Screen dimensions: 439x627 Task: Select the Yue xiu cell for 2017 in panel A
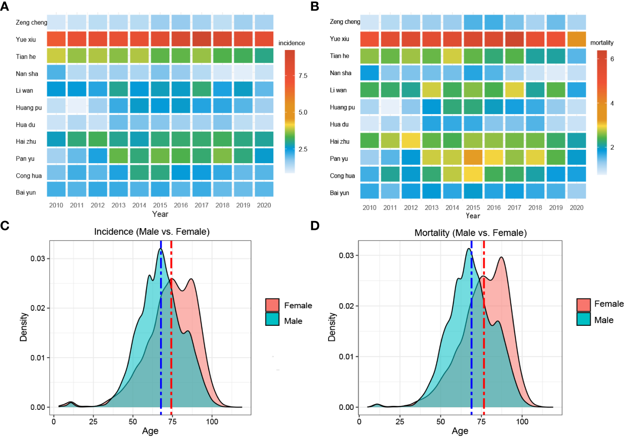point(202,39)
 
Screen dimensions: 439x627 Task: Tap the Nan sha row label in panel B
point(340,73)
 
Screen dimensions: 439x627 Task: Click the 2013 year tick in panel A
point(119,205)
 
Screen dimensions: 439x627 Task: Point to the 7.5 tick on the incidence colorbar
point(303,76)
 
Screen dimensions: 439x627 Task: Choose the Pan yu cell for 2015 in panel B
point(473,157)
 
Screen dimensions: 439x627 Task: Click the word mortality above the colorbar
point(602,42)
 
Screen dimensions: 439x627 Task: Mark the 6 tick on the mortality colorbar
point(612,59)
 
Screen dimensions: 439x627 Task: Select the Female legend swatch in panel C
point(272,305)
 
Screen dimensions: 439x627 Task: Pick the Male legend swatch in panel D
point(584,319)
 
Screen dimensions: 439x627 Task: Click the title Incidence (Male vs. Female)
point(152,232)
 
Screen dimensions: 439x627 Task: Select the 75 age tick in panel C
point(172,421)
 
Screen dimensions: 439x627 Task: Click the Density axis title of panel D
point(332,327)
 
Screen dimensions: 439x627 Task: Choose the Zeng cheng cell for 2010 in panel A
point(56,22)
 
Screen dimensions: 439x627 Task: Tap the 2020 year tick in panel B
point(577,207)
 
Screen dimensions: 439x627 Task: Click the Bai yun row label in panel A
point(26,192)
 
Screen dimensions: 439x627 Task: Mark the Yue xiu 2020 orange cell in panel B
point(577,39)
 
